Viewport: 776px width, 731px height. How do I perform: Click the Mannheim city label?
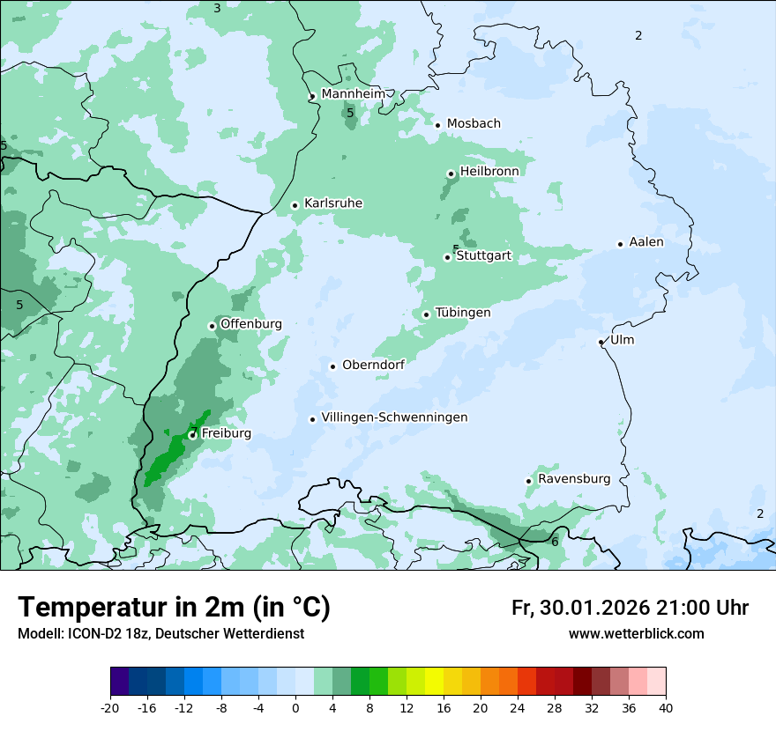click(353, 94)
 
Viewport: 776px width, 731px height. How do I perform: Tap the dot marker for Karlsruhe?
click(295, 205)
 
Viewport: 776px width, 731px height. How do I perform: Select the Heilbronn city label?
click(489, 171)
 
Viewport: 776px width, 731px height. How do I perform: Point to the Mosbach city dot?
click(437, 125)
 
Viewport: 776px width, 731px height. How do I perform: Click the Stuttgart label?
click(483, 256)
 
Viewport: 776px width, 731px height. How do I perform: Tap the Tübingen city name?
click(463, 313)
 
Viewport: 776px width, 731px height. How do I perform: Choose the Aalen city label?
click(646, 242)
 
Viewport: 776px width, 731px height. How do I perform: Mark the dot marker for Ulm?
click(601, 342)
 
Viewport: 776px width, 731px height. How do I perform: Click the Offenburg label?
click(251, 324)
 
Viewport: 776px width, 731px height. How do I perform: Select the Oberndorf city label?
click(373, 365)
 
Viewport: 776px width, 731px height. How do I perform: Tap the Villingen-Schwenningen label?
click(394, 417)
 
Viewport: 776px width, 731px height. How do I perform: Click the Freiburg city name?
click(227, 433)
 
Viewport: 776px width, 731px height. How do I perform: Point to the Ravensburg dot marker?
click(528, 481)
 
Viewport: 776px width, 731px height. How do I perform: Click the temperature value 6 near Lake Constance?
click(555, 542)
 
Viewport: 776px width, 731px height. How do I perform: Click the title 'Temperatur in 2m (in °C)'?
click(174, 607)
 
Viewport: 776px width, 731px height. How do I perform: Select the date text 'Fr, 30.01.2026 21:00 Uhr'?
click(630, 608)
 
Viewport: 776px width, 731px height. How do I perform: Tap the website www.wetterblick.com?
click(636, 634)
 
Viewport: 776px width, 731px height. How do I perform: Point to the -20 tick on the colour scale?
click(110, 708)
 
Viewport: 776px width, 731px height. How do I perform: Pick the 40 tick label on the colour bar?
click(666, 708)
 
